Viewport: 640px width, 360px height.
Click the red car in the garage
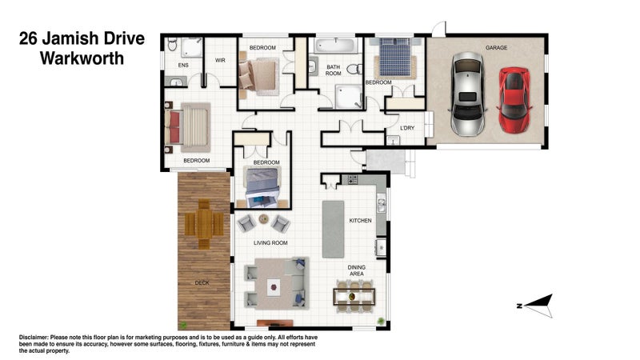pyautogui.click(x=514, y=101)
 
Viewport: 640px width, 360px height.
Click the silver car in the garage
pyautogui.click(x=468, y=94)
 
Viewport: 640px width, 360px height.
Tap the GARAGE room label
pyautogui.click(x=496, y=48)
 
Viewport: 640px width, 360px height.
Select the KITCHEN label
pyautogui.click(x=361, y=221)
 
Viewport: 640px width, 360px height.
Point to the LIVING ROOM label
pyautogui.click(x=270, y=243)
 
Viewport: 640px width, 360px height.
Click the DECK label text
pyautogui.click(x=202, y=283)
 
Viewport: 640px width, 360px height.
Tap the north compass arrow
pyautogui.click(x=538, y=306)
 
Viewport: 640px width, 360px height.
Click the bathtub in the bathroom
pyautogui.click(x=336, y=45)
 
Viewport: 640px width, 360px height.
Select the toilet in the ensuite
pyautogui.click(x=172, y=44)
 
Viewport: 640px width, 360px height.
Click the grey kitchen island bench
pyautogui.click(x=333, y=229)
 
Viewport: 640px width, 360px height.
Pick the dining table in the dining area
pyautogui.click(x=354, y=297)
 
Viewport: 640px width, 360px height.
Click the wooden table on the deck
pyautogui.click(x=204, y=224)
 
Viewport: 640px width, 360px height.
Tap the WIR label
pyautogui.click(x=220, y=61)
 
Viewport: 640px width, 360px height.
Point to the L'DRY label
pyautogui.click(x=407, y=128)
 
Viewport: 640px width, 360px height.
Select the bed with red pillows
pyautogui.click(x=188, y=127)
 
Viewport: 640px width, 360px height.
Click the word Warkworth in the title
pyautogui.click(x=82, y=58)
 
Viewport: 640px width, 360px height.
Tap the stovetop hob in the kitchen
pyautogui.click(x=352, y=179)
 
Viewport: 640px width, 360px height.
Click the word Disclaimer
pyautogui.click(x=34, y=338)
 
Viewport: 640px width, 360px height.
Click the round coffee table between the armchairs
pyautogui.click(x=264, y=218)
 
